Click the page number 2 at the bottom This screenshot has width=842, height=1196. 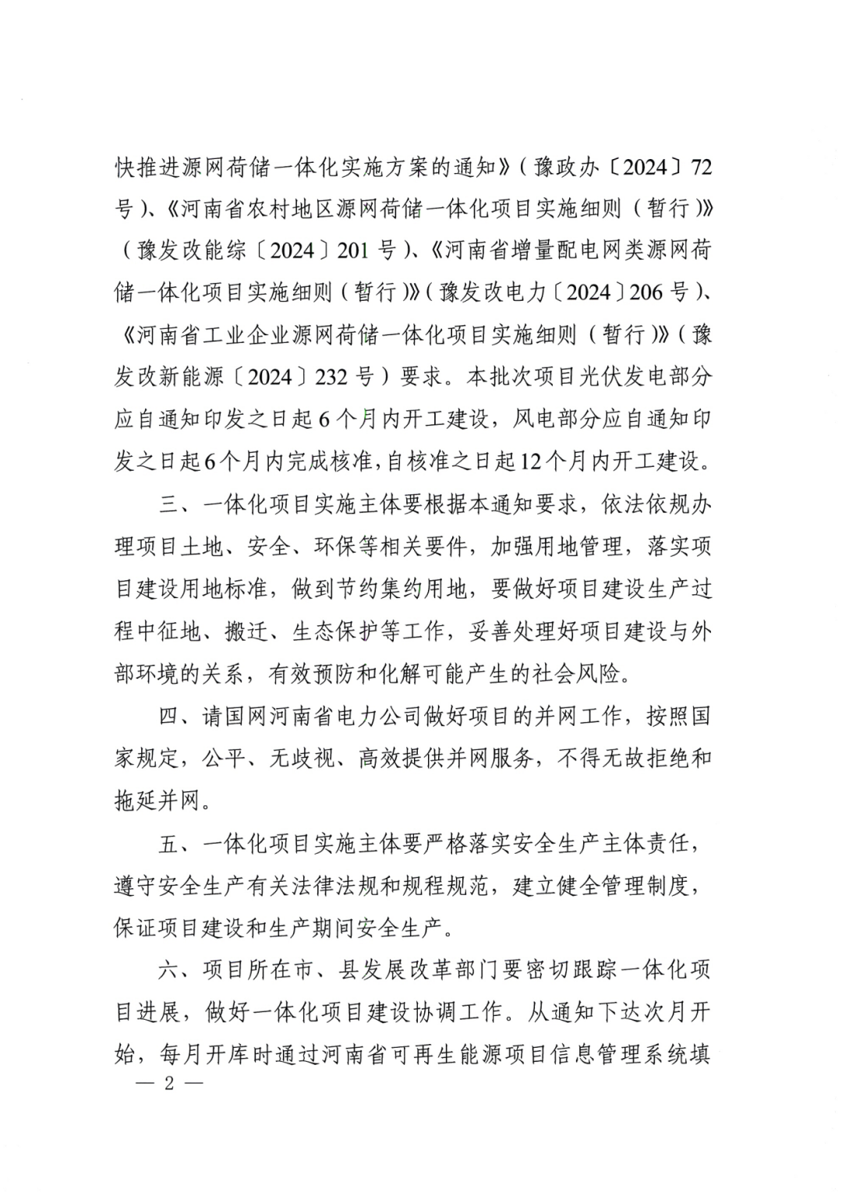coord(167,1085)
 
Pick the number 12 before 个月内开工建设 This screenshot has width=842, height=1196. coord(530,462)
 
